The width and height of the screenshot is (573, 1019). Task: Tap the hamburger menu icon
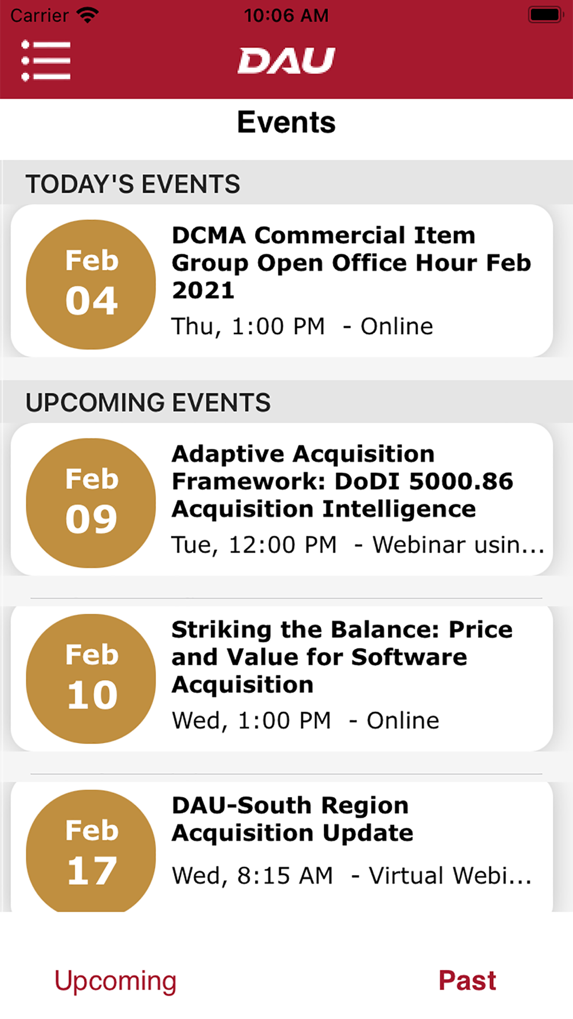click(46, 60)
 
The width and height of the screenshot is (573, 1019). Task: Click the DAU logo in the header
click(286, 61)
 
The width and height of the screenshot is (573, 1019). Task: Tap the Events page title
click(286, 122)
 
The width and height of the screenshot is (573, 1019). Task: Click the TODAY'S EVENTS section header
click(133, 184)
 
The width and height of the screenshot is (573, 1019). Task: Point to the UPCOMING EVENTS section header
click(148, 402)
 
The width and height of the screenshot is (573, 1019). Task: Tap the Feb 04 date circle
click(91, 284)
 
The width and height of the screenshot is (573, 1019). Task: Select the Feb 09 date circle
click(91, 503)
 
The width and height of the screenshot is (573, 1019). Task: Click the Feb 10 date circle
click(91, 679)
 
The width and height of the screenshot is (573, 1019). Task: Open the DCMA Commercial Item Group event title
click(351, 262)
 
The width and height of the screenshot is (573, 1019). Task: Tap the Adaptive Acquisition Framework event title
click(342, 481)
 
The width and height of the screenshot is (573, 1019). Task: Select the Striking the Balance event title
click(342, 657)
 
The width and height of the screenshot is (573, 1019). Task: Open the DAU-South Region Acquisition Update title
click(292, 819)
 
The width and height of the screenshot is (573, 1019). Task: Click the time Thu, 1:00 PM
click(248, 326)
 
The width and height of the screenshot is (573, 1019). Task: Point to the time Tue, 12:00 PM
click(254, 544)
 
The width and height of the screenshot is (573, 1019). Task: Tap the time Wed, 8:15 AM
click(252, 875)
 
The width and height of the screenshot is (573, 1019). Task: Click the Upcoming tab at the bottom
click(115, 981)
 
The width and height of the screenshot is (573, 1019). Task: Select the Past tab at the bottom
click(467, 980)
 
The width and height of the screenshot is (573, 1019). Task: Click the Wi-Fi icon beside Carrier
click(88, 15)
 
